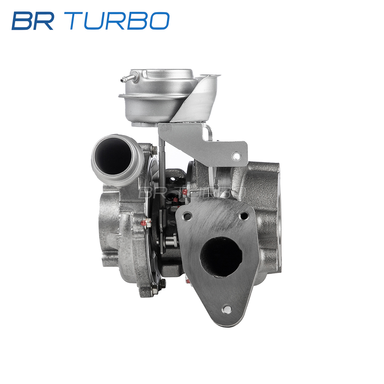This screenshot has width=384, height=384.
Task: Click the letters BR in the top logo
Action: click(x=33, y=21)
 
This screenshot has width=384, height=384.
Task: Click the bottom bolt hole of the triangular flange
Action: click(x=227, y=309)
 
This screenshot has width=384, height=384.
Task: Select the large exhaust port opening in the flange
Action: click(x=221, y=257)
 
